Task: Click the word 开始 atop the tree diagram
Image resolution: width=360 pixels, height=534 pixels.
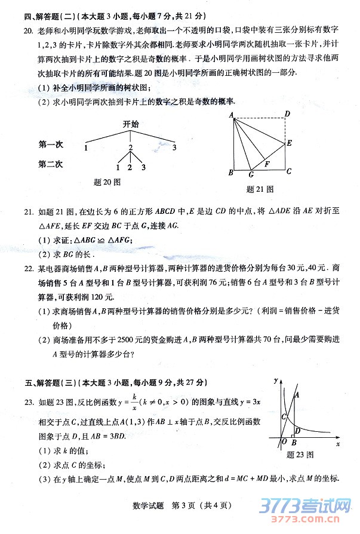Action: coord(131,124)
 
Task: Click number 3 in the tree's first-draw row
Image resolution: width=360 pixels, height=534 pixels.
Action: coord(174,148)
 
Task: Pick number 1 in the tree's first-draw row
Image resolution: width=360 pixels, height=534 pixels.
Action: coord(87,148)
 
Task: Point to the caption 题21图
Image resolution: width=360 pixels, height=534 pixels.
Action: coord(260,189)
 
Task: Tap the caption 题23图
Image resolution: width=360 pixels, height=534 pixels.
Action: coord(300,455)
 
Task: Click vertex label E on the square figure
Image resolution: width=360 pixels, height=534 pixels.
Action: coord(289,143)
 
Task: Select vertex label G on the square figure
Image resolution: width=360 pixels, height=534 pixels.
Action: coord(251,175)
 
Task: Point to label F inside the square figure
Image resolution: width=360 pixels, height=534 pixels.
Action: coord(267,163)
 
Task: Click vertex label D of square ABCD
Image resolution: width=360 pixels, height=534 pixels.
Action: coord(287,114)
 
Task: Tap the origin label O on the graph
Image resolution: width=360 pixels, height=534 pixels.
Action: coord(284,442)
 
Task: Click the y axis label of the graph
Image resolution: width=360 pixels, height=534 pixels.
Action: coord(276,379)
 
